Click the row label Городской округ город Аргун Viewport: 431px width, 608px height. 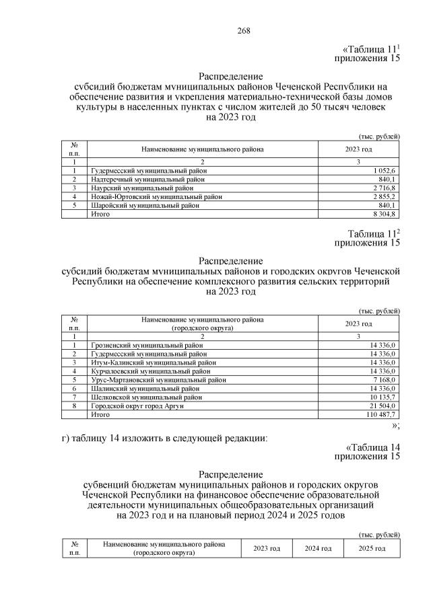coord(137,406)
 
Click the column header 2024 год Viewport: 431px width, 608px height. coord(318,549)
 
